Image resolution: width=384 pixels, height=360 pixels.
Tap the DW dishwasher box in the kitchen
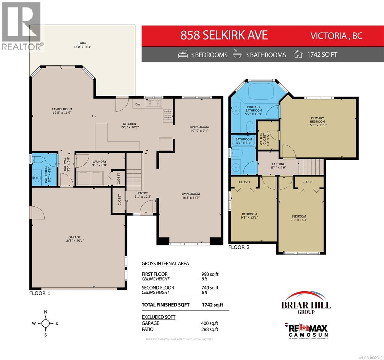tap(138, 104)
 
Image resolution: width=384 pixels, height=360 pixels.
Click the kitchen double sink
tap(153, 103)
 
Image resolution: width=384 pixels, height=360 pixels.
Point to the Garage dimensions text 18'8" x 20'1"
tap(73, 240)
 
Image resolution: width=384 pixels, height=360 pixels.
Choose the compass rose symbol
tap(45, 323)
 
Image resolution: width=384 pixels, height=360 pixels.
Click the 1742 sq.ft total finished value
tap(213, 304)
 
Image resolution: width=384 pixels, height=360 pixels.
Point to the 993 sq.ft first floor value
tap(210, 274)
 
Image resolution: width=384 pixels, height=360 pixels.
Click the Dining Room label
tap(199, 128)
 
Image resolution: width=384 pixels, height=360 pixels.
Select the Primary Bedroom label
tap(318, 120)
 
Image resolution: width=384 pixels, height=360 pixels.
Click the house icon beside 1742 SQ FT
tap(298, 55)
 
